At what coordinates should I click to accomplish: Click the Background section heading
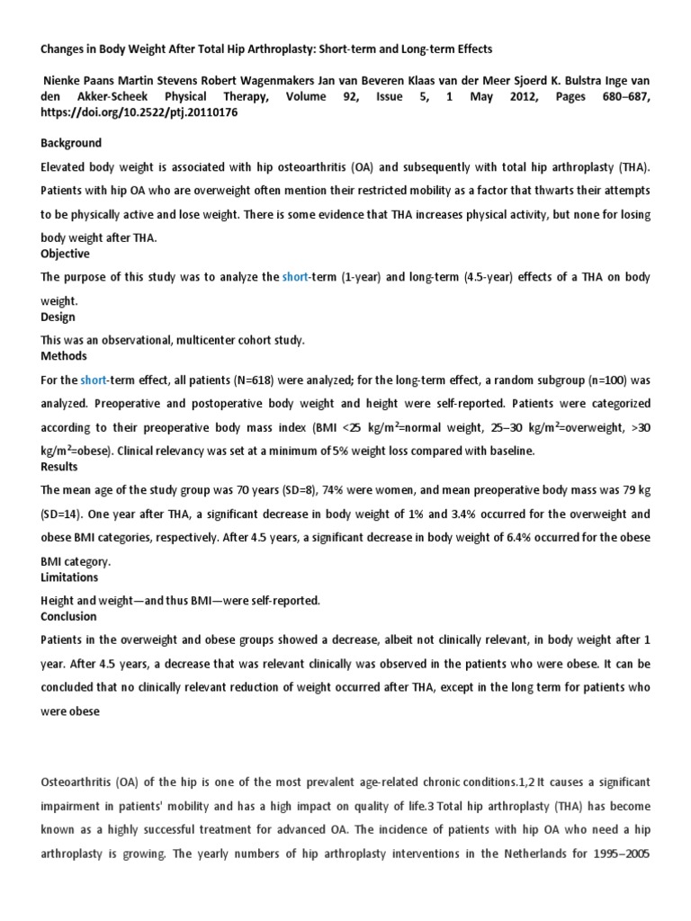71,143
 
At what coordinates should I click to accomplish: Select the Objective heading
66,254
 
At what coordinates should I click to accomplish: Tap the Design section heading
58,317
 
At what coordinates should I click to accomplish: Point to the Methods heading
63,356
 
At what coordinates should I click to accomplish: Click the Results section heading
59,467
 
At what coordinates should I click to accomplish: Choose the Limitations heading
70,577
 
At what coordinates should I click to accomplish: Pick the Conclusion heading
69,617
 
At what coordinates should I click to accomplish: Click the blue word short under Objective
295,278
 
